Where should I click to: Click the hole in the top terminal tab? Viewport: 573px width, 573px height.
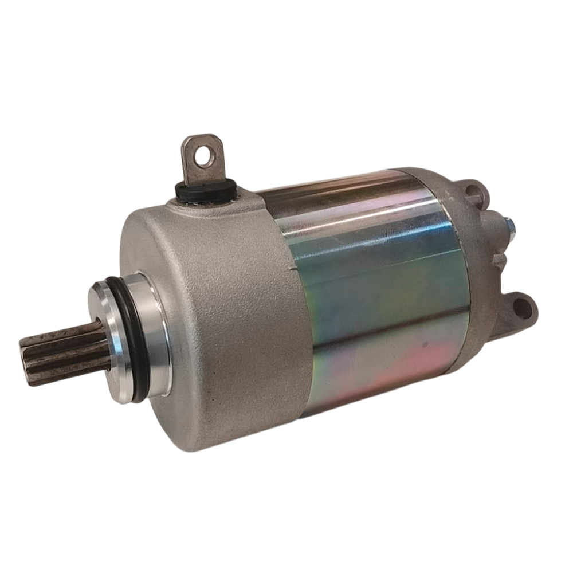pyautogui.click(x=205, y=154)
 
